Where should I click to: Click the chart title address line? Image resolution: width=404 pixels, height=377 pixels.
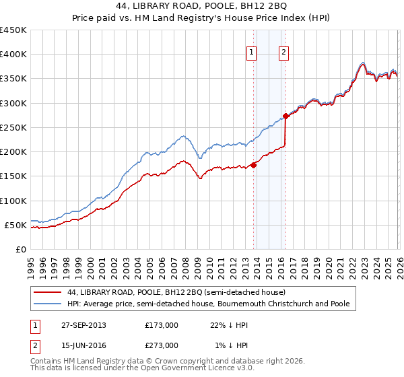click(201, 6)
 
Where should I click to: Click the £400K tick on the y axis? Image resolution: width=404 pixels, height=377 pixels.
click(13, 55)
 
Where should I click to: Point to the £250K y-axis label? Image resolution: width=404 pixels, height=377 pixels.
click(13, 127)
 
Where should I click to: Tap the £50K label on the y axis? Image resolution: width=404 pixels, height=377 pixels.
click(16, 225)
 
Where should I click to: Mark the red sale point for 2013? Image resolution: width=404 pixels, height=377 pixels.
click(253, 165)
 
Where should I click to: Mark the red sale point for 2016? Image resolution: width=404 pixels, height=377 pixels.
click(285, 116)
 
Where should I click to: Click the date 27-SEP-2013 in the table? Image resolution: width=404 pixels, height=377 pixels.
click(83, 325)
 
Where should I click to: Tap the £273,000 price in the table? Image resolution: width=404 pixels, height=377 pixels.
click(161, 345)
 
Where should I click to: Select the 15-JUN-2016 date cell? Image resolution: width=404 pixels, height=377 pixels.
click(82, 345)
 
